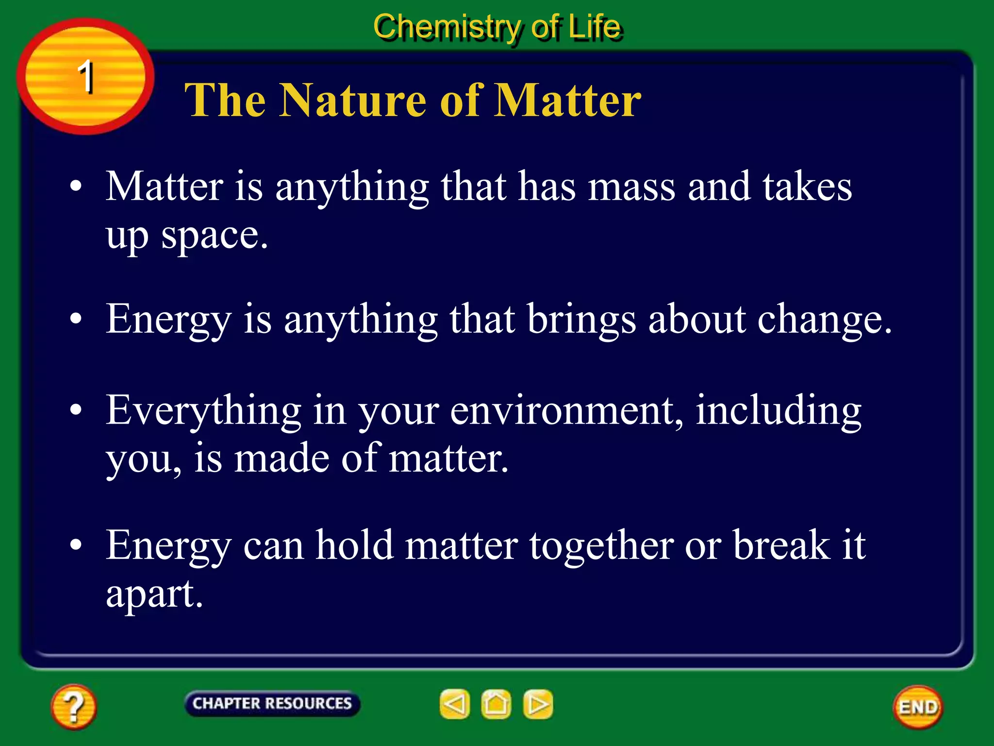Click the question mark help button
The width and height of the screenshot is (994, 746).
pyautogui.click(x=73, y=707)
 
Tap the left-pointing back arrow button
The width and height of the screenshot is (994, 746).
pyautogui.click(x=454, y=704)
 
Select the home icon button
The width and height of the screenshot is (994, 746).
pyautogui.click(x=496, y=704)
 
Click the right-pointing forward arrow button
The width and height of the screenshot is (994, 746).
pyautogui.click(x=538, y=704)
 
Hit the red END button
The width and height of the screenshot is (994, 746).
pyautogui.click(x=918, y=707)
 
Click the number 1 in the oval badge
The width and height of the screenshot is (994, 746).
pyautogui.click(x=86, y=77)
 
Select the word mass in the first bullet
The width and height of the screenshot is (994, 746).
pyautogui.click(x=631, y=187)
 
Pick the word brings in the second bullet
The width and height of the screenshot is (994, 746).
pyautogui.click(x=581, y=321)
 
